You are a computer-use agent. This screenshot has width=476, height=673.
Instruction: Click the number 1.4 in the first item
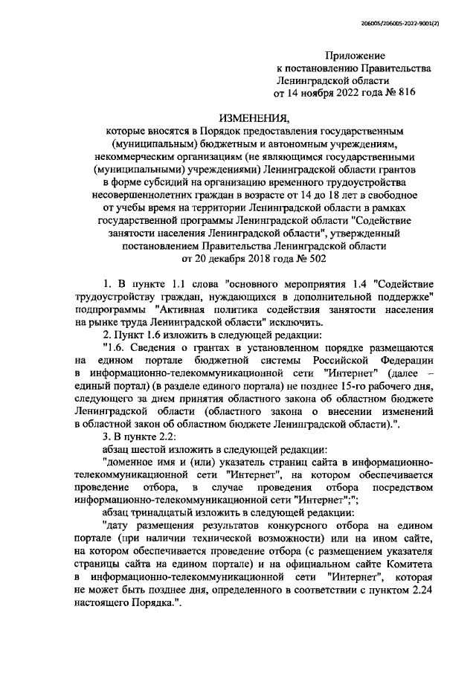pyautogui.click(x=360, y=285)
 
